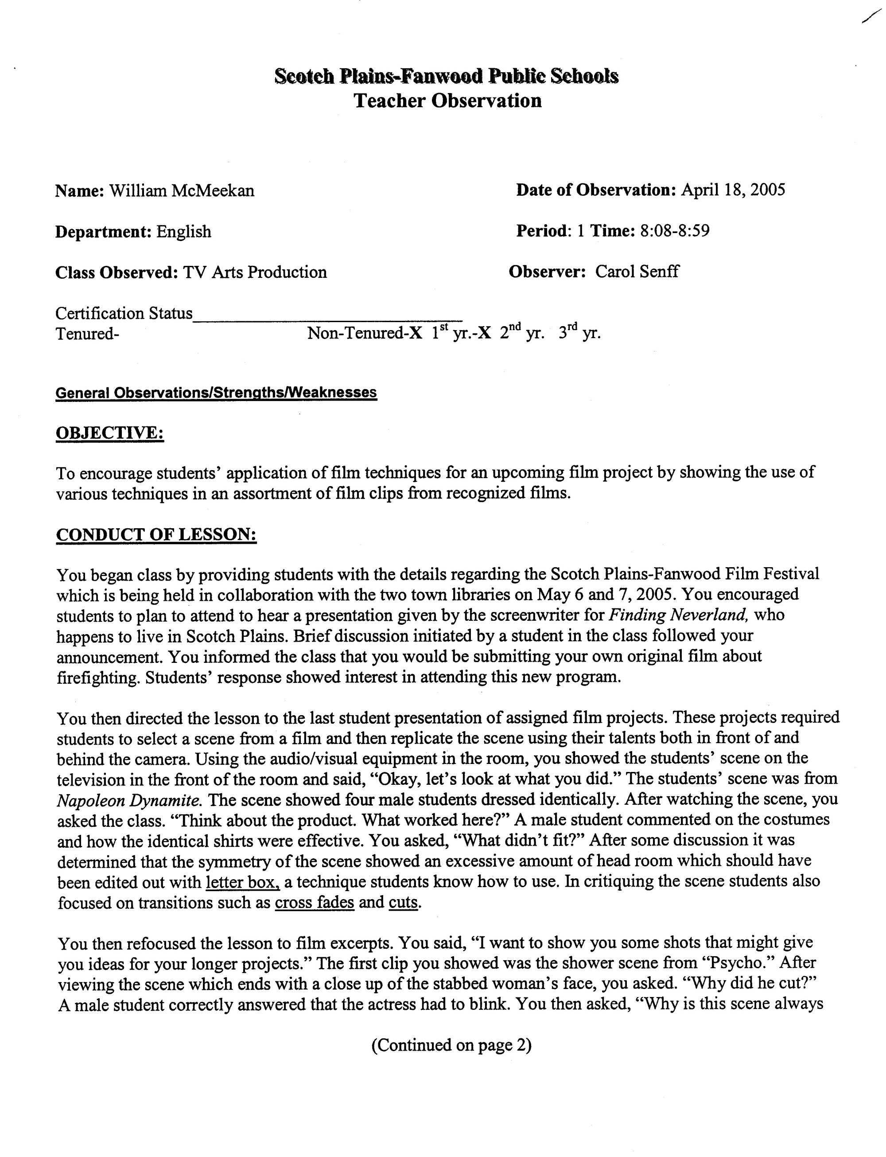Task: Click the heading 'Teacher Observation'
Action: tap(447, 100)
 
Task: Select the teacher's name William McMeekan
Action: tap(182, 191)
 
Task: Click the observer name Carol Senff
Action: tap(637, 271)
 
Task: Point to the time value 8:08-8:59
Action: tap(675, 230)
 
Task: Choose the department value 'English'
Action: tap(183, 232)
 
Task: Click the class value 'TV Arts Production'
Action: tap(255, 272)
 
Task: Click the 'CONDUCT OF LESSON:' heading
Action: tap(156, 534)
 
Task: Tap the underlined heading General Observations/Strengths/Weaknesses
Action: tap(216, 392)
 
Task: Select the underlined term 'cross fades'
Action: tap(315, 903)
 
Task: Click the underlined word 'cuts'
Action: tap(404, 903)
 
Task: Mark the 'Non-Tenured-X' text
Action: tap(365, 333)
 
